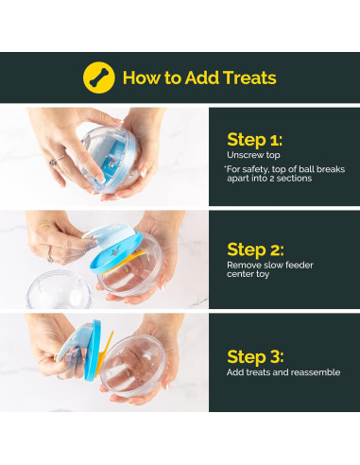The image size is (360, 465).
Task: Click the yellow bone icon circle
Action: (98, 77)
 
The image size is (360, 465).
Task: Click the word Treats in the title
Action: (249, 77)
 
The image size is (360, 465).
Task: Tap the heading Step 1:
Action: (254, 140)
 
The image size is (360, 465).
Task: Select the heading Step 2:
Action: (255, 250)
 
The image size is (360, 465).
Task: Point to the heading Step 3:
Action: (255, 357)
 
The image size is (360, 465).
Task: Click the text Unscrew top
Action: (253, 155)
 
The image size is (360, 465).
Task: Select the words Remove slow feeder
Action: (270, 265)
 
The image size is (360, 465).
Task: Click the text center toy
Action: (248, 274)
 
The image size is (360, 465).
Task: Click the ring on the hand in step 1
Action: (55, 161)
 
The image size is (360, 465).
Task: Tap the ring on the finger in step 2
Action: (50, 255)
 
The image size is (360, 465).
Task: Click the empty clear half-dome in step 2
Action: (59, 289)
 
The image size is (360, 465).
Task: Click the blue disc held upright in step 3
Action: (93, 351)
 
